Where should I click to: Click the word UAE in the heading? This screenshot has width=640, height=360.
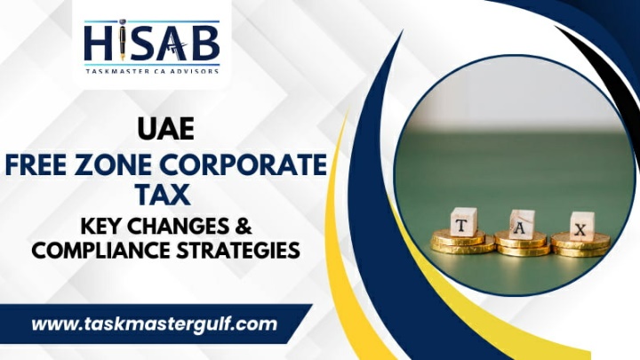(x=165, y=129)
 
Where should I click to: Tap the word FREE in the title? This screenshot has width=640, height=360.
(x=35, y=164)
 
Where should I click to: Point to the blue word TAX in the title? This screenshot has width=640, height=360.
(x=164, y=195)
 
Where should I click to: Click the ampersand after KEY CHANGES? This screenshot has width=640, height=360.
(x=244, y=226)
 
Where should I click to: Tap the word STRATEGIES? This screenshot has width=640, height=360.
(x=238, y=250)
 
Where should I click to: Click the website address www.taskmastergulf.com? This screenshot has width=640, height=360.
(x=155, y=324)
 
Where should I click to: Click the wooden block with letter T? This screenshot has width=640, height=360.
(x=463, y=221)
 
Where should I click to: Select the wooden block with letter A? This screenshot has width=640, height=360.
(x=522, y=224)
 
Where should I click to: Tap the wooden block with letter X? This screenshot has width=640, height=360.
(x=581, y=226)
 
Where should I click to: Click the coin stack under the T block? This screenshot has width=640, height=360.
(x=462, y=242)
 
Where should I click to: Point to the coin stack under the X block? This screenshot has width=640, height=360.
(x=580, y=244)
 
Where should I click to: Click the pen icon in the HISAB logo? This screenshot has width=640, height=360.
(x=123, y=40)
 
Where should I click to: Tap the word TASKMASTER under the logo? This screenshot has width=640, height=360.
(x=118, y=71)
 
